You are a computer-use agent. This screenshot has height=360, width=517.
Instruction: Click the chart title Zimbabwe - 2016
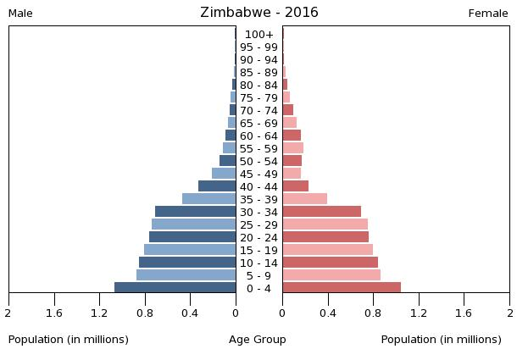point(258,13)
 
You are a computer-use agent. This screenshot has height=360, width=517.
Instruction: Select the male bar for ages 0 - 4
point(175,288)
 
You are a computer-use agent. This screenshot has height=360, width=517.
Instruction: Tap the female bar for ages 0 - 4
point(342,288)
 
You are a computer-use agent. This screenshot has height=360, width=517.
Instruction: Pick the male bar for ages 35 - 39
point(209,199)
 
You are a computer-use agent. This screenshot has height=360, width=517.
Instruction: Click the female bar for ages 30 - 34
point(322,212)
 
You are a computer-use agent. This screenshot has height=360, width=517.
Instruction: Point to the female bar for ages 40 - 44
point(296,186)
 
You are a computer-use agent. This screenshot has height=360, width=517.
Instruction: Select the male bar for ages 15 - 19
point(190,250)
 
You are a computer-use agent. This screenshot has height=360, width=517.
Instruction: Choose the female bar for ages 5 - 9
point(331,275)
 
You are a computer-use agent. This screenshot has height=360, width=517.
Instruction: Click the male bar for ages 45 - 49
point(224,174)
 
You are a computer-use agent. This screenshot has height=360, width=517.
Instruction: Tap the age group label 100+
point(258,35)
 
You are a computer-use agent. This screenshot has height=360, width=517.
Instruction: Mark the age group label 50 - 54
point(258,162)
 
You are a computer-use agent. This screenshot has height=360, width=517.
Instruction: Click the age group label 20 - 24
point(258,238)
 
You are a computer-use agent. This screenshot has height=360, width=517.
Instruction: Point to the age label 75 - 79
point(258,98)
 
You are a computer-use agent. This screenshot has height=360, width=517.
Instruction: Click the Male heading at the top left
point(20,14)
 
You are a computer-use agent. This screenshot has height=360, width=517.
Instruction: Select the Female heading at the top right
point(488,14)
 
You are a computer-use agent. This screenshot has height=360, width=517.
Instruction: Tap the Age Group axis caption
point(258,340)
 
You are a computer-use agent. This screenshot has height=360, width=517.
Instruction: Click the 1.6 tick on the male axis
point(55,313)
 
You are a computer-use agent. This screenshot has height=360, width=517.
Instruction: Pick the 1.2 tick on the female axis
point(419,313)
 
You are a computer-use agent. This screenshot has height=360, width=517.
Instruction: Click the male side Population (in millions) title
point(69,340)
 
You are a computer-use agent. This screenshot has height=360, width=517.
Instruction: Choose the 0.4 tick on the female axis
point(328,313)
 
